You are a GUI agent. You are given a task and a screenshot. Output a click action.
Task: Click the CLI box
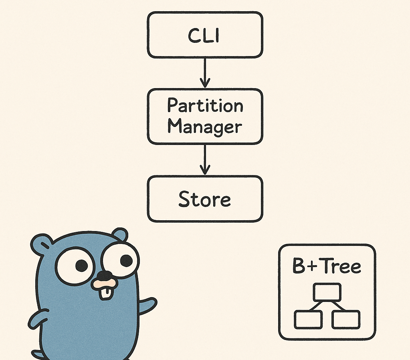tap(205, 35)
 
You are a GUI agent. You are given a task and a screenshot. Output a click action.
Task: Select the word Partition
tap(205, 106)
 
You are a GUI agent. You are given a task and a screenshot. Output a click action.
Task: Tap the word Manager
tap(205, 127)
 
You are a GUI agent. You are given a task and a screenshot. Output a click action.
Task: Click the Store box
tap(205, 199)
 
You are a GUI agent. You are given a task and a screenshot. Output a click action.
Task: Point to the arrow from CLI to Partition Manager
tap(205, 72)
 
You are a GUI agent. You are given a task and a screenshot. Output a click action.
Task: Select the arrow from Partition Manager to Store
tap(205, 159)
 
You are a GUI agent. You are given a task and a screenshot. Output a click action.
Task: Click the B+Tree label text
tap(327, 266)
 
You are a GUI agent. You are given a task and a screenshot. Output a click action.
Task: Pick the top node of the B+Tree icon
tap(327, 292)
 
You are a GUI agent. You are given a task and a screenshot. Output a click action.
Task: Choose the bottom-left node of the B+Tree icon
tap(308, 320)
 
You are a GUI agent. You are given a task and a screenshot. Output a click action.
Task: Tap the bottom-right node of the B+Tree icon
tap(346, 320)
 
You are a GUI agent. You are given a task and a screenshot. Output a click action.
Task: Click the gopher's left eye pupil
tap(81, 265)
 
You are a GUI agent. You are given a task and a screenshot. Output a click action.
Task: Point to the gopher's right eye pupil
tap(126, 261)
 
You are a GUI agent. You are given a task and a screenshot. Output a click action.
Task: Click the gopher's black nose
tap(105, 276)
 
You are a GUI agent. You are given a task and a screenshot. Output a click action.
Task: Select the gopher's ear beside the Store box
tap(120, 234)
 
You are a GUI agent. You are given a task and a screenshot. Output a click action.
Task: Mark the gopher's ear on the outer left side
tap(41, 244)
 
